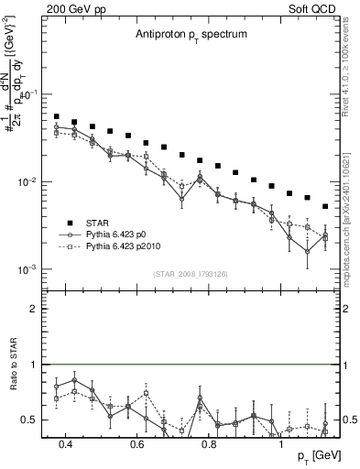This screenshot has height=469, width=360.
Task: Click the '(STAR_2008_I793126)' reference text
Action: coord(189,274)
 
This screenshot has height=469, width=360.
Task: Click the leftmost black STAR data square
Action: coord(57,117)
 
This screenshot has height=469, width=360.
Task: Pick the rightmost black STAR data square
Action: coord(325,206)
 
